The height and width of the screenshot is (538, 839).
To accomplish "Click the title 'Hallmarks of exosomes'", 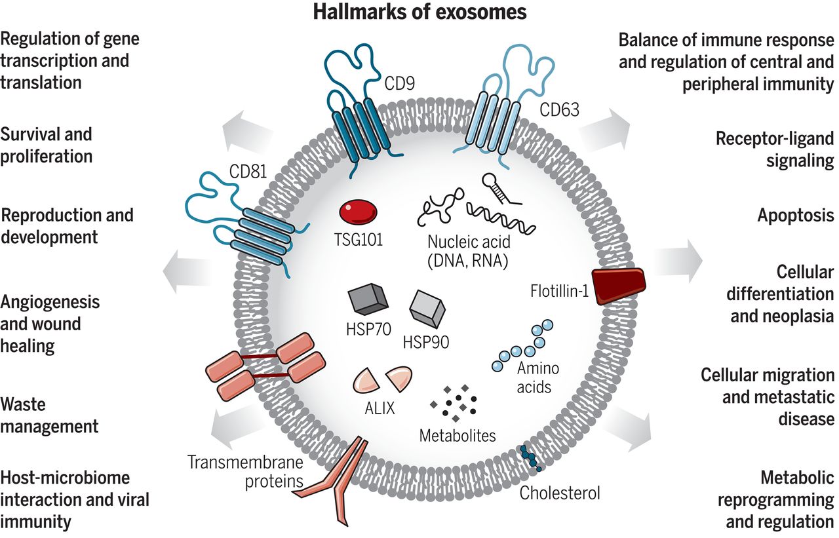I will point(419,11).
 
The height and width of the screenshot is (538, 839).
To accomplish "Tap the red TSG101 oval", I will point(359,212).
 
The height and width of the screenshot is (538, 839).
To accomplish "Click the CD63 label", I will point(559,109).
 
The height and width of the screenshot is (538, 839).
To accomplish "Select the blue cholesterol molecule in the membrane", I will point(529,458).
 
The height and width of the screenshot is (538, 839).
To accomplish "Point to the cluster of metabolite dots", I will point(454,402).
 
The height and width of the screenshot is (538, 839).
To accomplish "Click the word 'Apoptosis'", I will point(796,215).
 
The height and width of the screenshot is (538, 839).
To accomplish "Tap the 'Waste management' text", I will point(49,415).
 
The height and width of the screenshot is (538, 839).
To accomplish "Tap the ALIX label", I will point(380,409).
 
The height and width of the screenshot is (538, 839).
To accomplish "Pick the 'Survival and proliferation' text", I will point(46,145).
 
